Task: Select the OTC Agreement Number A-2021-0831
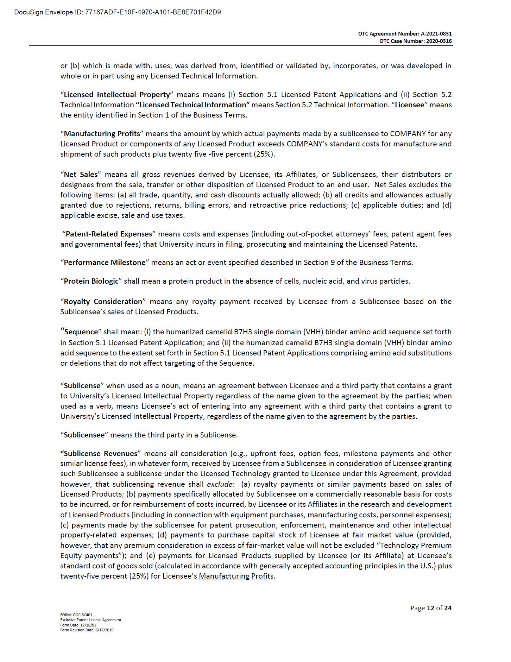(436, 34)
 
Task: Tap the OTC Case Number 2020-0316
(439, 41)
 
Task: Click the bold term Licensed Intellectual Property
(117, 95)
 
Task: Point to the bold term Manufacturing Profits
(102, 134)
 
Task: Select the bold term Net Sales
(80, 175)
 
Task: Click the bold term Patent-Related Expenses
(109, 234)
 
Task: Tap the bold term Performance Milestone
(104, 263)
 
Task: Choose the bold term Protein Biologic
(91, 281)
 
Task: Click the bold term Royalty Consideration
(103, 302)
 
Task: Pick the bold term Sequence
(81, 332)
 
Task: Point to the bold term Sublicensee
(84, 435)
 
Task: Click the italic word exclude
(220, 484)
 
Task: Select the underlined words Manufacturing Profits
(236, 576)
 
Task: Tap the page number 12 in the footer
(430, 608)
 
